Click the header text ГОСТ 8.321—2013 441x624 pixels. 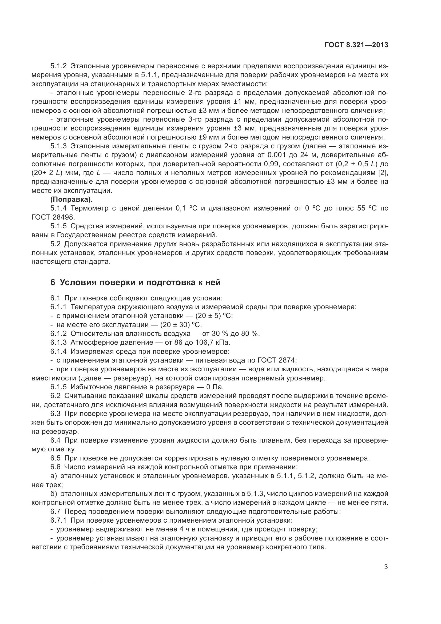(x=356, y=45)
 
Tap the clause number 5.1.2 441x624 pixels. (x=58, y=66)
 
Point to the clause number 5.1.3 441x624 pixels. (x=58, y=146)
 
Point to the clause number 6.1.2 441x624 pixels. (x=58, y=333)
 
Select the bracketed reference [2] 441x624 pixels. (x=383, y=173)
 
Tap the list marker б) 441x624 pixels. (x=54, y=494)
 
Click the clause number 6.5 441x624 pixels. (x=55, y=458)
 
